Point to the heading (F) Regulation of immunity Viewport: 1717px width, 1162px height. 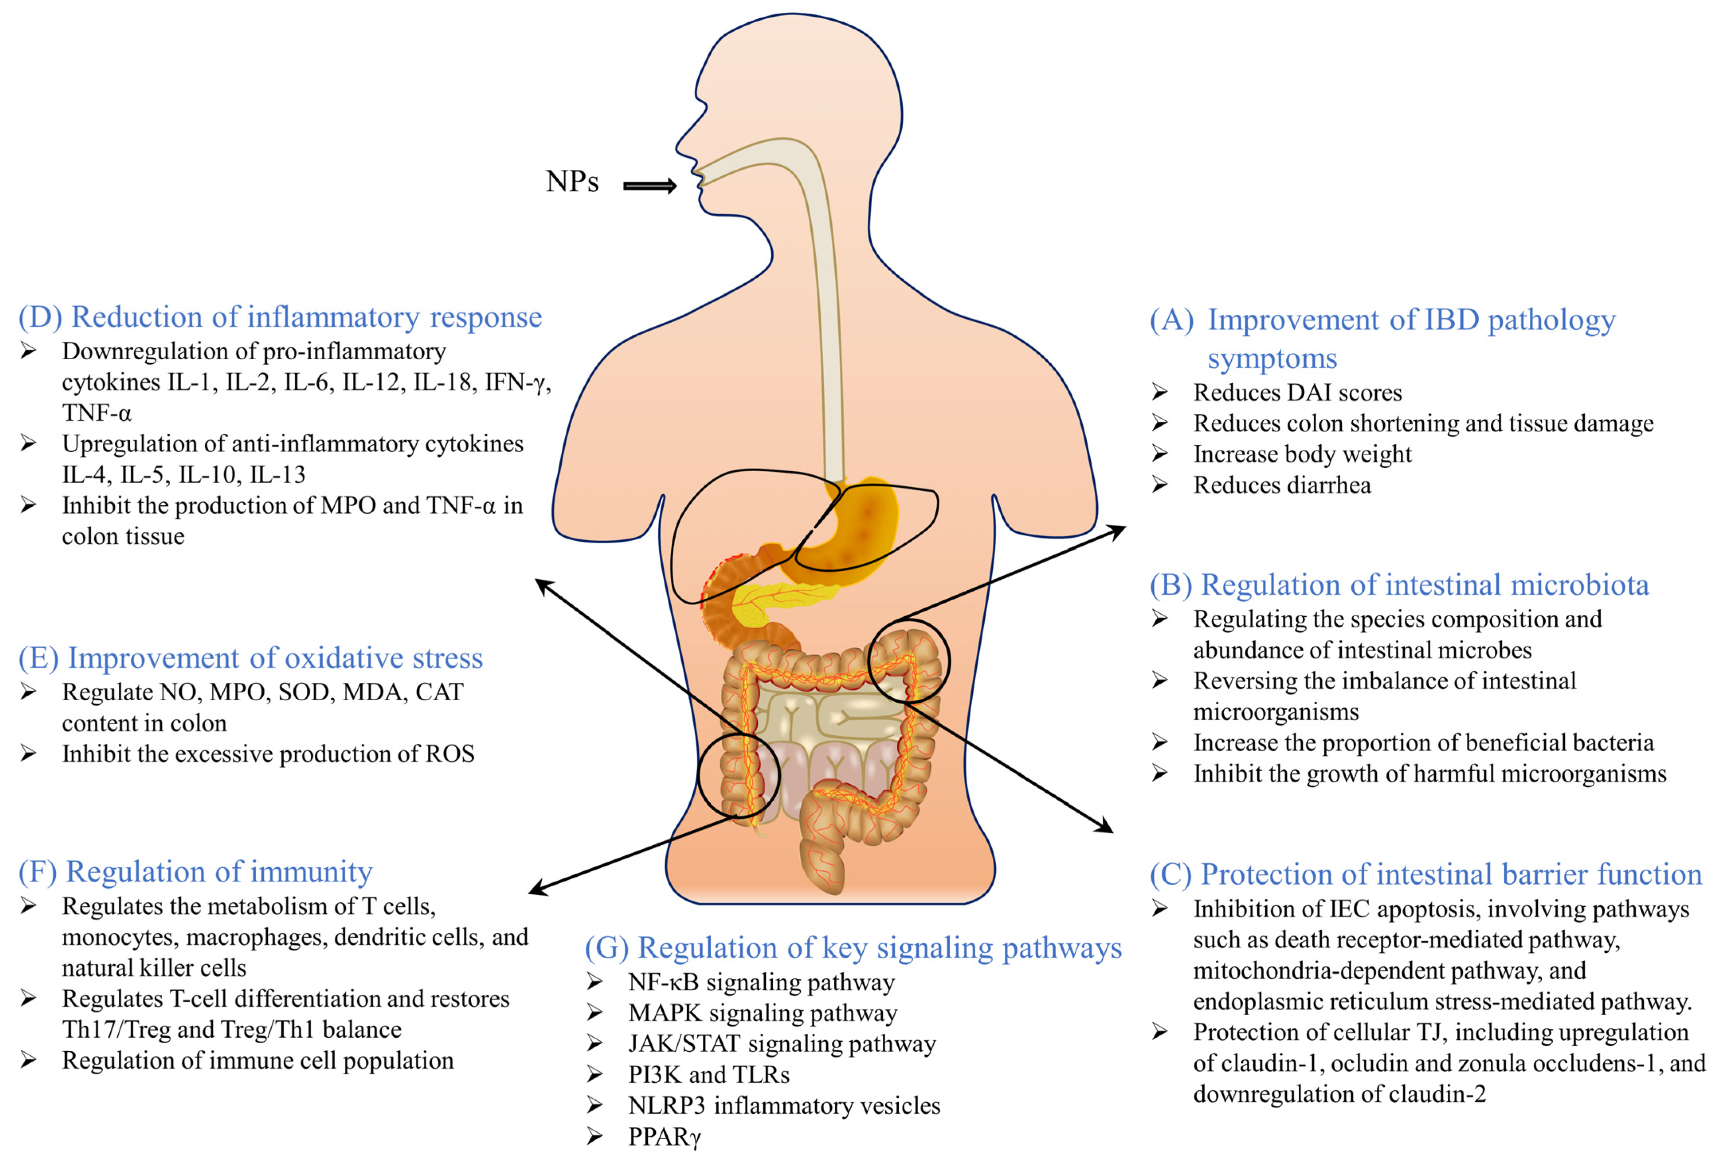click(195, 872)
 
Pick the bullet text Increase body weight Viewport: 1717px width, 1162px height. click(1302, 454)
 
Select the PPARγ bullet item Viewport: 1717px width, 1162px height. click(663, 1136)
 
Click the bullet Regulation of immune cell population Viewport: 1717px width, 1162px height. click(257, 1061)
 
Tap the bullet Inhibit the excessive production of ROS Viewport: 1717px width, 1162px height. click(267, 754)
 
